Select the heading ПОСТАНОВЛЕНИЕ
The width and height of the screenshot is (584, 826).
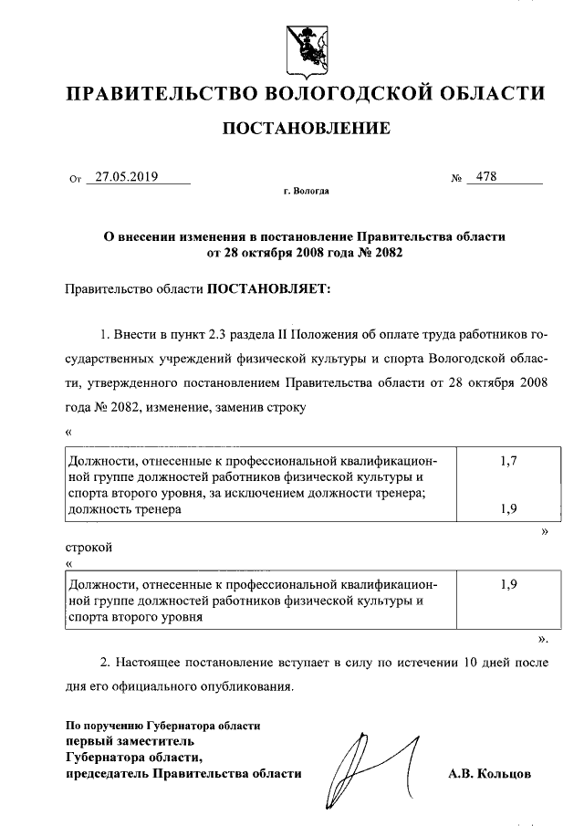pyautogui.click(x=307, y=129)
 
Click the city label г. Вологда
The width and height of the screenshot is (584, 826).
pyautogui.click(x=307, y=193)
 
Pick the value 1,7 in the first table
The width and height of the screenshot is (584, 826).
pyautogui.click(x=509, y=462)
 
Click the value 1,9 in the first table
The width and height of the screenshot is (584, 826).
pyautogui.click(x=509, y=510)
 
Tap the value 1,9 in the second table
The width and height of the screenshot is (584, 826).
pyautogui.click(x=509, y=585)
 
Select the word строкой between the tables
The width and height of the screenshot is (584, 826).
pyautogui.click(x=89, y=550)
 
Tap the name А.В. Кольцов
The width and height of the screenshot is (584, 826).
pyautogui.click(x=489, y=774)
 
